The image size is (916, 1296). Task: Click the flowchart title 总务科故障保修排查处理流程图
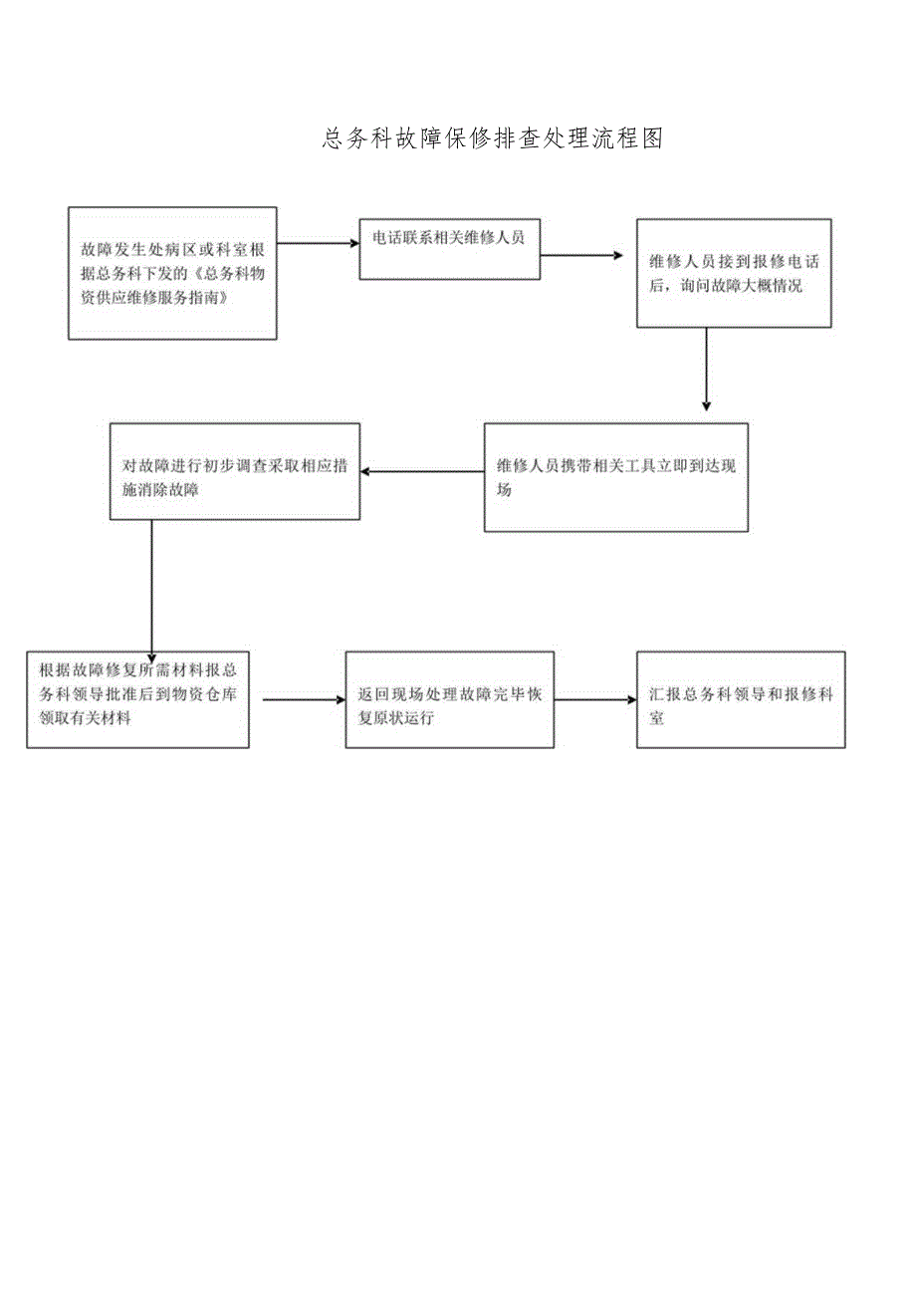click(x=493, y=139)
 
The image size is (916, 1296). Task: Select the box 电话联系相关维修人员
click(x=449, y=248)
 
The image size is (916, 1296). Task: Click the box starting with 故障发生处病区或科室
click(x=172, y=273)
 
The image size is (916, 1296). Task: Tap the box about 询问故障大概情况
click(x=734, y=274)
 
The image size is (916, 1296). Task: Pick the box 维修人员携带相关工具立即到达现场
click(x=615, y=477)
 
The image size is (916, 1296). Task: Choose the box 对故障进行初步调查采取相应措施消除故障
click(x=235, y=471)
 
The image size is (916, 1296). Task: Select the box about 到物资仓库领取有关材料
click(x=137, y=699)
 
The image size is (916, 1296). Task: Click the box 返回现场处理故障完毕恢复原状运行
click(x=449, y=699)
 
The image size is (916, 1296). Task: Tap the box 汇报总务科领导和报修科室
click(x=740, y=699)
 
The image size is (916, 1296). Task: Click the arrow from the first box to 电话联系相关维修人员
click(x=319, y=242)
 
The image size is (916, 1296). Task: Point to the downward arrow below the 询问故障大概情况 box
click(x=706, y=369)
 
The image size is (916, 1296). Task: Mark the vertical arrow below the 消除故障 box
click(x=151, y=588)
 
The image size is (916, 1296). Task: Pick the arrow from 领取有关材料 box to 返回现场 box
click(x=304, y=699)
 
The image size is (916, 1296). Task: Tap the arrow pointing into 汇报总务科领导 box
click(x=594, y=699)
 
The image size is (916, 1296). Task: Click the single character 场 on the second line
click(x=504, y=490)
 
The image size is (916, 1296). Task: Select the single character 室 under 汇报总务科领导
click(x=656, y=717)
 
